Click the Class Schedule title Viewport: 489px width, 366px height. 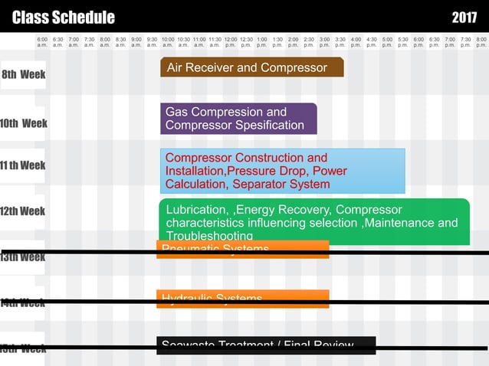point(64,18)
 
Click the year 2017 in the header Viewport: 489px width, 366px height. point(464,18)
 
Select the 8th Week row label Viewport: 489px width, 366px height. point(23,75)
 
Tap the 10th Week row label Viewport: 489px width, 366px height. point(24,123)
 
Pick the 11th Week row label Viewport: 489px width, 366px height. point(23,165)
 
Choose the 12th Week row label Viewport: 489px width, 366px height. point(23,211)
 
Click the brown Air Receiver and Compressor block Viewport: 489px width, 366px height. point(251,68)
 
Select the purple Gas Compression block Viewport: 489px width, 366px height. point(238,119)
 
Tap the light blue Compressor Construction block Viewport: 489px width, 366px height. point(282,171)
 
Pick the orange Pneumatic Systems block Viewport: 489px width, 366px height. point(243,250)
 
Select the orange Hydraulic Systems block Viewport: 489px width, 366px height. point(243,299)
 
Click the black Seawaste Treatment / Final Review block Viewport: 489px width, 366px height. point(266,345)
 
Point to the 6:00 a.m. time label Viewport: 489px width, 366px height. point(42,41)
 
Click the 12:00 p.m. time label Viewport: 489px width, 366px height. point(231,41)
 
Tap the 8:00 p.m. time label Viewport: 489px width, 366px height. point(481,41)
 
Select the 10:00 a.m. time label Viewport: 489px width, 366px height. point(168,41)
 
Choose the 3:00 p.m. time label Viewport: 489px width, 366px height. point(324,41)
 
